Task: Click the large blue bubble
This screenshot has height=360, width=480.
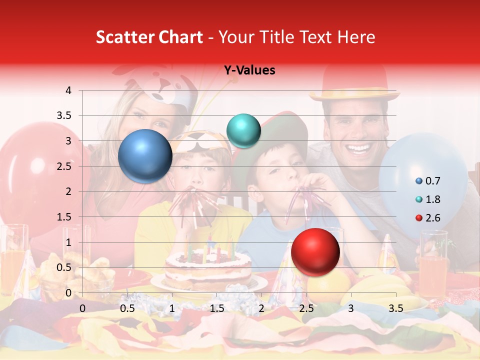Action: tap(145, 156)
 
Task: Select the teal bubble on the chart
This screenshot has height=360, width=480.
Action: tap(243, 130)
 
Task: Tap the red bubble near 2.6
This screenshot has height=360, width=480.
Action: tap(315, 252)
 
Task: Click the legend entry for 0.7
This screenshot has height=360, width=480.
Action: tap(428, 181)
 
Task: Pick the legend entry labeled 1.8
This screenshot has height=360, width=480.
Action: tap(428, 199)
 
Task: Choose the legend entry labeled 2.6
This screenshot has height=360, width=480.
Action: tap(428, 217)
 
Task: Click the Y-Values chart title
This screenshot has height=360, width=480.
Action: tap(249, 70)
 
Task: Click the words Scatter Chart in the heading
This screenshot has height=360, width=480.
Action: tap(149, 37)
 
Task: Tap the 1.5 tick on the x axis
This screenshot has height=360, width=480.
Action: tap(216, 308)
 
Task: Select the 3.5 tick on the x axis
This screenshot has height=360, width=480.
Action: tap(395, 308)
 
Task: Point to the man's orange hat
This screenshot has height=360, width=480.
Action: tap(353, 82)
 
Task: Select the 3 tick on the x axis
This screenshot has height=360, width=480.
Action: tap(351, 308)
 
